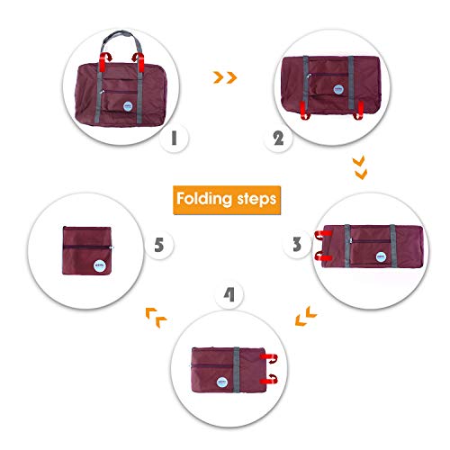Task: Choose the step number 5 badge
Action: (158, 244)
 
